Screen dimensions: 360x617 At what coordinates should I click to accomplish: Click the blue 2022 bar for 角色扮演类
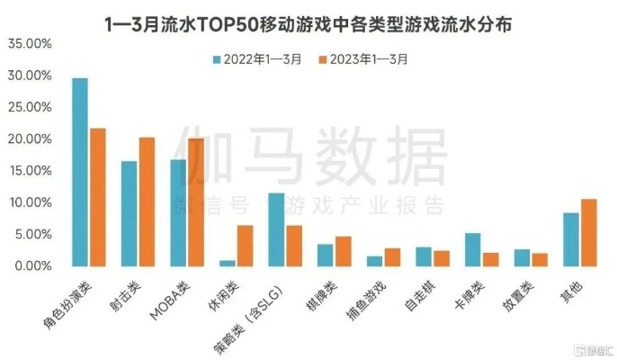click(80, 172)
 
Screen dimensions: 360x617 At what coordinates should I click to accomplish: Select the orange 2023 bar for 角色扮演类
click(97, 197)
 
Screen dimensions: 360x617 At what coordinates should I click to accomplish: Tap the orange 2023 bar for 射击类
click(147, 202)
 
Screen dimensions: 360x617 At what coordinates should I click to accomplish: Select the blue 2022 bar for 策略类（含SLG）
click(276, 229)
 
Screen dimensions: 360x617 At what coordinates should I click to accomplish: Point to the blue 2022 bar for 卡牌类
click(472, 249)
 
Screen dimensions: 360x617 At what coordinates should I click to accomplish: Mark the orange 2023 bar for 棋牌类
click(343, 251)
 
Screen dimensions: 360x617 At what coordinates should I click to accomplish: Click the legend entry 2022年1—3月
click(258, 59)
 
